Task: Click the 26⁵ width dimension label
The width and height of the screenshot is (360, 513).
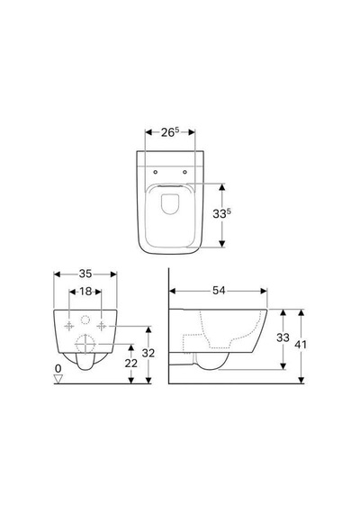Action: coord(170,132)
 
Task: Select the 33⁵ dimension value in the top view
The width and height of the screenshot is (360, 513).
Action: coord(222,213)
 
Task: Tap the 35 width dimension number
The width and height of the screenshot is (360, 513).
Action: coord(85,274)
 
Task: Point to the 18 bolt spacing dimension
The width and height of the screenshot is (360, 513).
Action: coord(85,292)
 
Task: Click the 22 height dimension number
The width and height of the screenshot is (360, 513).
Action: coord(130,364)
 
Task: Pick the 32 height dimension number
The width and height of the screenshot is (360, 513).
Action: coord(148,353)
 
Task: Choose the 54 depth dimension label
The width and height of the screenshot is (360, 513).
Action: coord(219,291)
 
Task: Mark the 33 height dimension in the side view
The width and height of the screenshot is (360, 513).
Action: coord(283,337)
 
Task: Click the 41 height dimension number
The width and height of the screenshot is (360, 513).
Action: coord(301,345)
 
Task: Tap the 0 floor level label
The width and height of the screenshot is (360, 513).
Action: coord(58,369)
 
